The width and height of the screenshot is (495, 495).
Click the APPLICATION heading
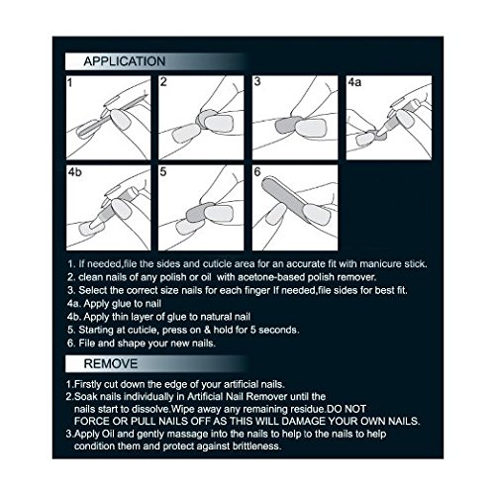[125, 61]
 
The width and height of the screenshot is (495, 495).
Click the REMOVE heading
[111, 363]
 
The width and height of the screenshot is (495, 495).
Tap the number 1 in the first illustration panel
[69, 82]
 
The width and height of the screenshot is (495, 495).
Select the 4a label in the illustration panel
[354, 82]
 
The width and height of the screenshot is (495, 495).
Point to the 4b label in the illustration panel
[75, 172]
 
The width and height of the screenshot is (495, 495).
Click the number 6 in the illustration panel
[257, 171]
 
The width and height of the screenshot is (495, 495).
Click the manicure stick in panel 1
[112, 115]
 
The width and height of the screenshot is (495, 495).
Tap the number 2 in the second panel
[163, 82]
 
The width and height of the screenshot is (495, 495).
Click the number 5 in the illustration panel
[163, 172]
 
